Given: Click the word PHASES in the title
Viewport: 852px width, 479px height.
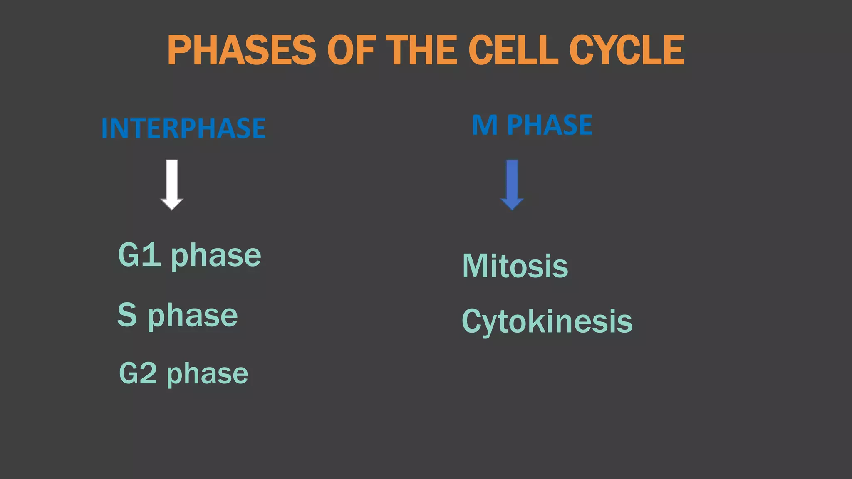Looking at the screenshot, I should [x=241, y=50].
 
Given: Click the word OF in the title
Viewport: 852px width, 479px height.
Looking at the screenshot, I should [x=352, y=50].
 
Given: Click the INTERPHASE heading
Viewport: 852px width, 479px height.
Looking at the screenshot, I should [x=183, y=128].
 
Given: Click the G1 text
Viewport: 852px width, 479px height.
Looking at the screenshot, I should [x=139, y=254].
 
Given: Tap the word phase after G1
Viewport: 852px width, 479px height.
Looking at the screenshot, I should [x=216, y=256].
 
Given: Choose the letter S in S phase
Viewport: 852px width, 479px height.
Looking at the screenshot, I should [x=127, y=315].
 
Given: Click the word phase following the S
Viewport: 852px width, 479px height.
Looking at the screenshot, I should [x=193, y=316].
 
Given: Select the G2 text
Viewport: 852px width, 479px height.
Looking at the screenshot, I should [x=138, y=373].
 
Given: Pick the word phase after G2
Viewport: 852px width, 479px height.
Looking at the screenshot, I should [x=208, y=374].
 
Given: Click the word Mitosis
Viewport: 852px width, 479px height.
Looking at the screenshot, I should [x=515, y=266].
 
